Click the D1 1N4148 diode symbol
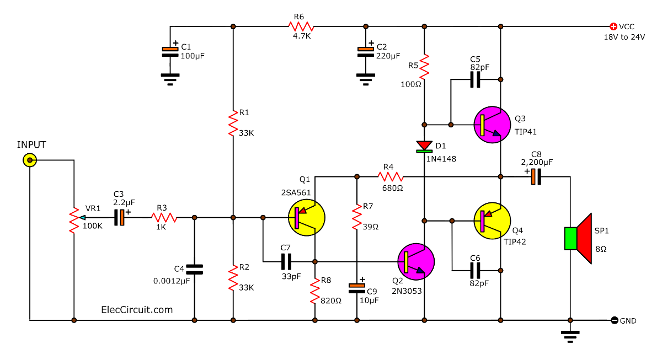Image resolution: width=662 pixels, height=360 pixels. click(x=424, y=146)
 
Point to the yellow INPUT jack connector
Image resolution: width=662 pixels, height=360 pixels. click(x=29, y=160)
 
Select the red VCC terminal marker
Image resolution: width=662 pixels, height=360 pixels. click(x=612, y=26)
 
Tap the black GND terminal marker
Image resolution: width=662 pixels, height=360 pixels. click(x=614, y=320)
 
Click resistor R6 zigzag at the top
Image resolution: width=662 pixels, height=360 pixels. click(x=301, y=26)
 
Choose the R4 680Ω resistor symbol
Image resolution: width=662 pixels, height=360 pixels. click(x=391, y=177)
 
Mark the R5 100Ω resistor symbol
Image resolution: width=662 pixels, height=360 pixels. click(x=424, y=66)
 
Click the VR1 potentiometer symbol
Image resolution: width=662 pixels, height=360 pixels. click(x=73, y=221)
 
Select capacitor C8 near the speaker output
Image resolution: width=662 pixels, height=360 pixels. click(x=536, y=177)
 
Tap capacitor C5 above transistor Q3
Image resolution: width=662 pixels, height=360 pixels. click(x=475, y=80)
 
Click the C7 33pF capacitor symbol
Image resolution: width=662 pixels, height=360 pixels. click(x=286, y=261)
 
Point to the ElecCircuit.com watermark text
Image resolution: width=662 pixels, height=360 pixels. click(x=137, y=310)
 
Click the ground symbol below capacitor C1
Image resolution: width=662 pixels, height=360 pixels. click(x=170, y=79)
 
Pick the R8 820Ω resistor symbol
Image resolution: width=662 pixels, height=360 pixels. click(x=314, y=291)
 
